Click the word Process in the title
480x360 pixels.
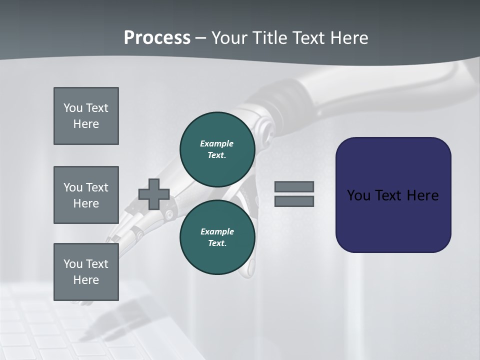click(157, 38)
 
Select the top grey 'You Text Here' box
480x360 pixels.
click(86, 116)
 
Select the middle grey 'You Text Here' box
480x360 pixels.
click(86, 195)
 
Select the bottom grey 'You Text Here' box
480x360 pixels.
click(86, 272)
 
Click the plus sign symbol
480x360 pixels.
click(154, 194)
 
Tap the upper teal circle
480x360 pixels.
click(217, 149)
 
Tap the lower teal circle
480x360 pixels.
click(217, 237)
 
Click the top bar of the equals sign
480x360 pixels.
click(294, 187)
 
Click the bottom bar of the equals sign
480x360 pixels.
click(294, 201)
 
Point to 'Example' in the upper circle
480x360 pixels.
click(217, 143)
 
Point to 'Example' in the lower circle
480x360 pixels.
click(217, 231)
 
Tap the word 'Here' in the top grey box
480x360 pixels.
click(86, 124)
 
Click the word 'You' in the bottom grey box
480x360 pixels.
click(72, 264)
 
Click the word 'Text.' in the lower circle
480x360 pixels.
click(217, 243)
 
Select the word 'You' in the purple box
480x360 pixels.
click(358, 195)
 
